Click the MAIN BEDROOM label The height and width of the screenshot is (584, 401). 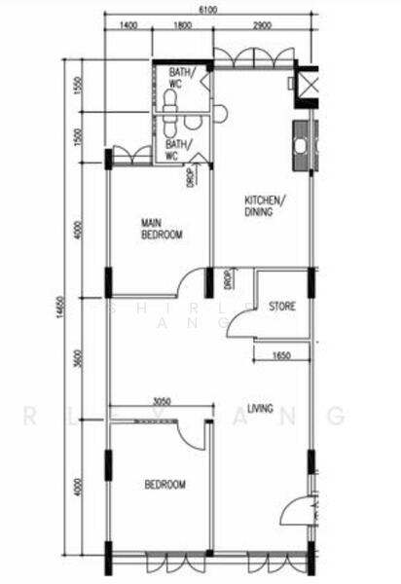pyautogui.click(x=161, y=228)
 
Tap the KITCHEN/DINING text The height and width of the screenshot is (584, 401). pyautogui.click(x=264, y=205)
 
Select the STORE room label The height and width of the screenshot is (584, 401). pyautogui.click(x=282, y=307)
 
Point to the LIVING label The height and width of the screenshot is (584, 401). pyautogui.click(x=260, y=408)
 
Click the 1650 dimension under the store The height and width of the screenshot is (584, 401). pyautogui.click(x=283, y=355)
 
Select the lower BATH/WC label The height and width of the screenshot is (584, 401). pyautogui.click(x=178, y=150)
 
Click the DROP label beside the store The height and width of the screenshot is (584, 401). pyautogui.click(x=226, y=278)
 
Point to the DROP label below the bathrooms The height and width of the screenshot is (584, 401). pyautogui.click(x=190, y=177)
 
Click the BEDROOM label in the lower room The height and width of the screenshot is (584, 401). pyautogui.click(x=164, y=485)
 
